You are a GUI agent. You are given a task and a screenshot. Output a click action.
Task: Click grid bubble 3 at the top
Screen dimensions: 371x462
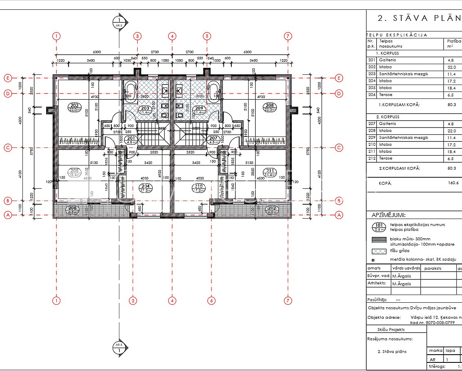pos(138,36)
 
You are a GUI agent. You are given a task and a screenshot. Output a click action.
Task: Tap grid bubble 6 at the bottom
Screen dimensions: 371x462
pos(211,301)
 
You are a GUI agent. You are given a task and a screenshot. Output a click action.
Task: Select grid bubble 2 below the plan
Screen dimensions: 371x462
pos(133,301)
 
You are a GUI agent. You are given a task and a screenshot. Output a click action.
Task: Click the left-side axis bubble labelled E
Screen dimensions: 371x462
pos(7,78)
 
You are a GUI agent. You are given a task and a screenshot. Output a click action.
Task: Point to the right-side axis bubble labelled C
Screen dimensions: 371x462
pos(339,148)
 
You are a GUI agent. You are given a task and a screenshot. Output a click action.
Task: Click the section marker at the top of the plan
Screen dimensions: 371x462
pos(119,22)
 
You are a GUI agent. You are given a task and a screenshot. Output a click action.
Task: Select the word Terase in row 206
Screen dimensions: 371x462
pos(386,95)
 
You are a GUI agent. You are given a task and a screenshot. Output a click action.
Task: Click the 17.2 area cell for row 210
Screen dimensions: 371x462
pos(451,145)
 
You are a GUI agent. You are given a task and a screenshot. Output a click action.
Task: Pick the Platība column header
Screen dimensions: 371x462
pos(454,41)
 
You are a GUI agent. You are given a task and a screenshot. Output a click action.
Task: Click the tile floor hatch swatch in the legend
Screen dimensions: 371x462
pos(379,251)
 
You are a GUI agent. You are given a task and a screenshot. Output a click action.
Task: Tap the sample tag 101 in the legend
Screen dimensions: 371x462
pos(379,227)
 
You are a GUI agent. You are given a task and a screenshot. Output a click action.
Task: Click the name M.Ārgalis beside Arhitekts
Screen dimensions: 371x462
pos(402,284)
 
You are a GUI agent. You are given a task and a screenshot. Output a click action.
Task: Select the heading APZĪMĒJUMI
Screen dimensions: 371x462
pos(389,215)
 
